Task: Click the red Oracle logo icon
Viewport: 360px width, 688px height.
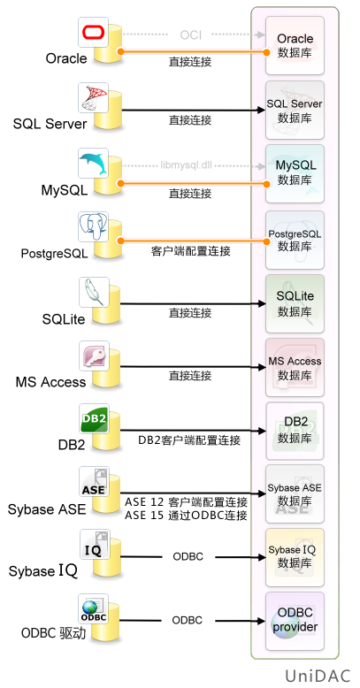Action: pos(94,32)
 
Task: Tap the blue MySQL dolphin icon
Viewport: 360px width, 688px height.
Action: pos(94,163)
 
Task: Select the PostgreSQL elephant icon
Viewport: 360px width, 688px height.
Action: pos(94,227)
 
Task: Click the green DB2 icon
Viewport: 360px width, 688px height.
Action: pos(94,419)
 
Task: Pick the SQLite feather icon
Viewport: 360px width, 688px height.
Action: pos(94,292)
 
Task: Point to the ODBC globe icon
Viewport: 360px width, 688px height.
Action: pos(94,609)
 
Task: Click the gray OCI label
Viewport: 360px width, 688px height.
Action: pos(190,34)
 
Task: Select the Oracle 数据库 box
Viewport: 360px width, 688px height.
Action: pos(295,46)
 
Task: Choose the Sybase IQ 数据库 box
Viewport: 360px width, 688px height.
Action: pos(295,557)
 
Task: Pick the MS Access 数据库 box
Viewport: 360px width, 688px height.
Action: pos(295,367)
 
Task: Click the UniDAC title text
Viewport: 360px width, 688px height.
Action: pos(318,676)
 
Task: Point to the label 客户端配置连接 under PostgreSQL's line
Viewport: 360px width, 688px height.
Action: pos(190,252)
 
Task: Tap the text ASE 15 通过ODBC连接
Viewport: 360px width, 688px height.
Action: pos(186,515)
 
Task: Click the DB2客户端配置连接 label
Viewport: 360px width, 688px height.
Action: pos(189,440)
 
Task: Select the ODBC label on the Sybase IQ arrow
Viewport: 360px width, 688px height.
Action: pos(188,557)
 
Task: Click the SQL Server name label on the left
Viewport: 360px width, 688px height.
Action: pos(50,124)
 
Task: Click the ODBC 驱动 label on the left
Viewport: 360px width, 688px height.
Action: pos(54,633)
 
